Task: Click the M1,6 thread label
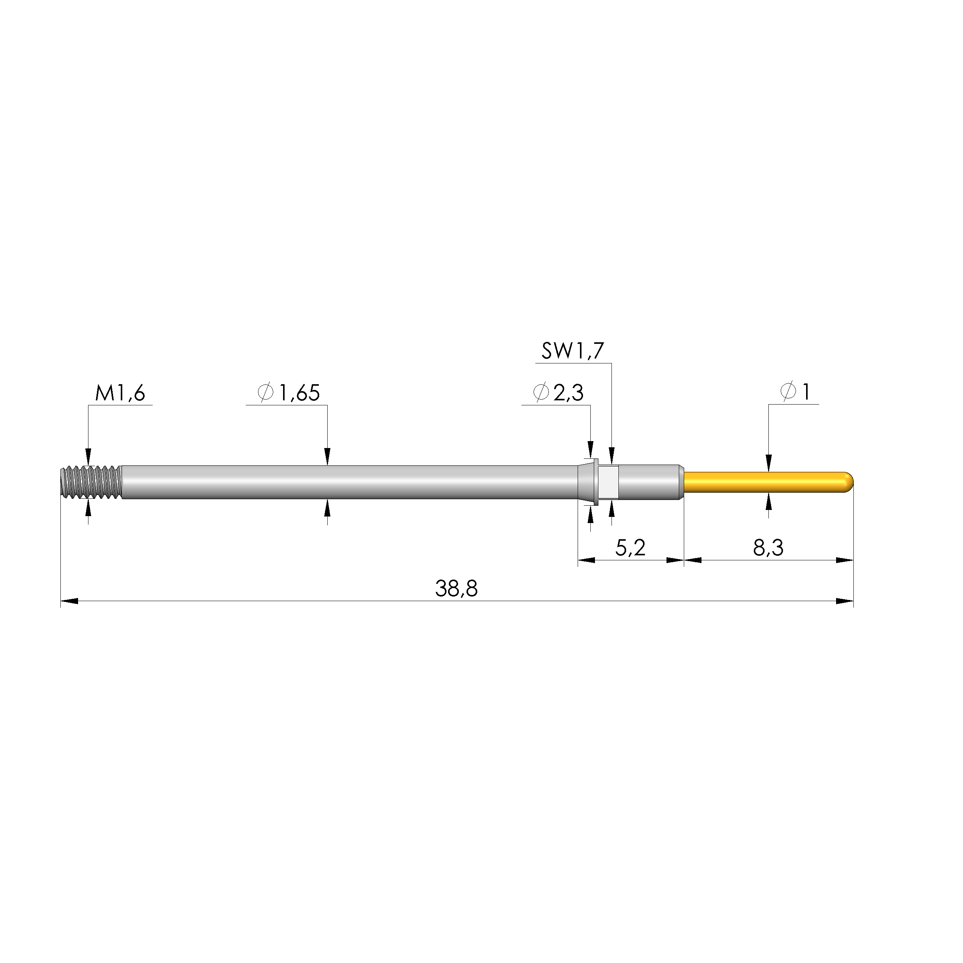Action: point(120,394)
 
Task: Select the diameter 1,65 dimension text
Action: point(289,393)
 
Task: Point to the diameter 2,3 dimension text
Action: point(558,393)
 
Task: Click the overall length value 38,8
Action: point(456,589)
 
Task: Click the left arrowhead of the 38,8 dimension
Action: point(69,601)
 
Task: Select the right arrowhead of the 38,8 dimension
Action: point(845,601)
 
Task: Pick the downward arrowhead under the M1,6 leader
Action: point(88,457)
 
